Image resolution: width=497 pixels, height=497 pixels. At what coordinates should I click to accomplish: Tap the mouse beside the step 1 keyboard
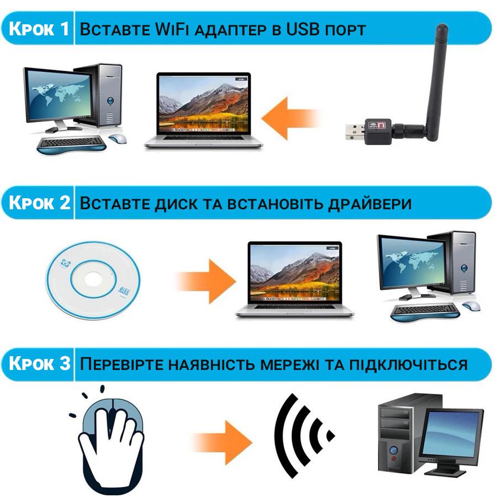coord(117,138)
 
